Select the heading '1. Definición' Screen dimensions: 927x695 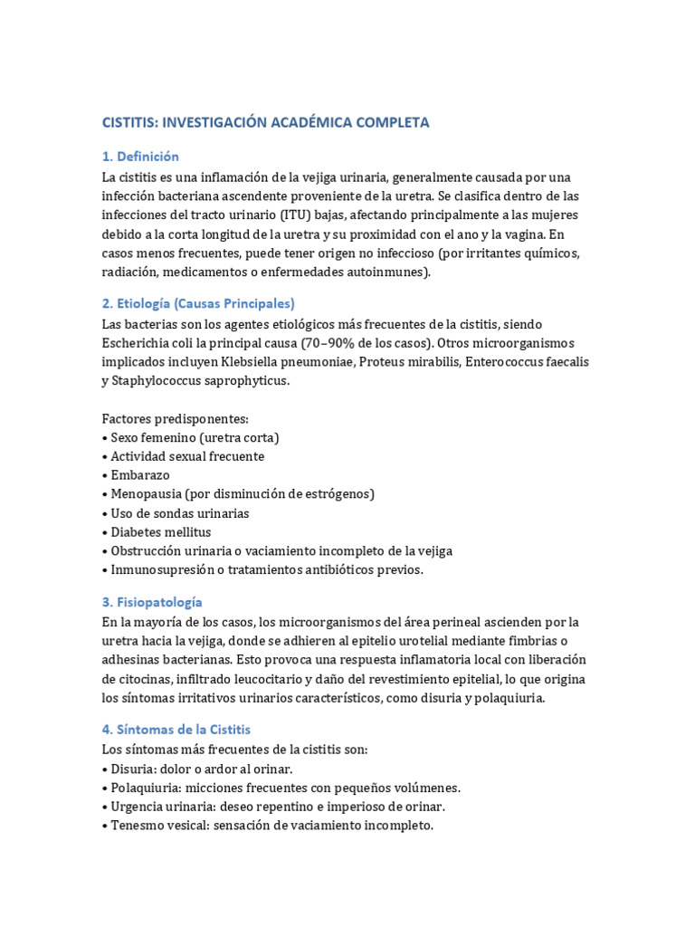[x=140, y=157]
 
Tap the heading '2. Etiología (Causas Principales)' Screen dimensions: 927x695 [x=198, y=303]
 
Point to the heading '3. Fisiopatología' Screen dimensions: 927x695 [x=152, y=602]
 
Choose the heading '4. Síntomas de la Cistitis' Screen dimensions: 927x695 [x=176, y=729]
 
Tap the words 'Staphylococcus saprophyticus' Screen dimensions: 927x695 [x=201, y=381]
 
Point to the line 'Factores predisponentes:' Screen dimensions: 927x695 [x=175, y=418]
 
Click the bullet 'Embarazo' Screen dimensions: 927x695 [x=140, y=475]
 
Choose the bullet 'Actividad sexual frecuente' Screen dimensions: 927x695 [x=187, y=456]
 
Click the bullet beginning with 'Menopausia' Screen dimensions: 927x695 [x=242, y=494]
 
